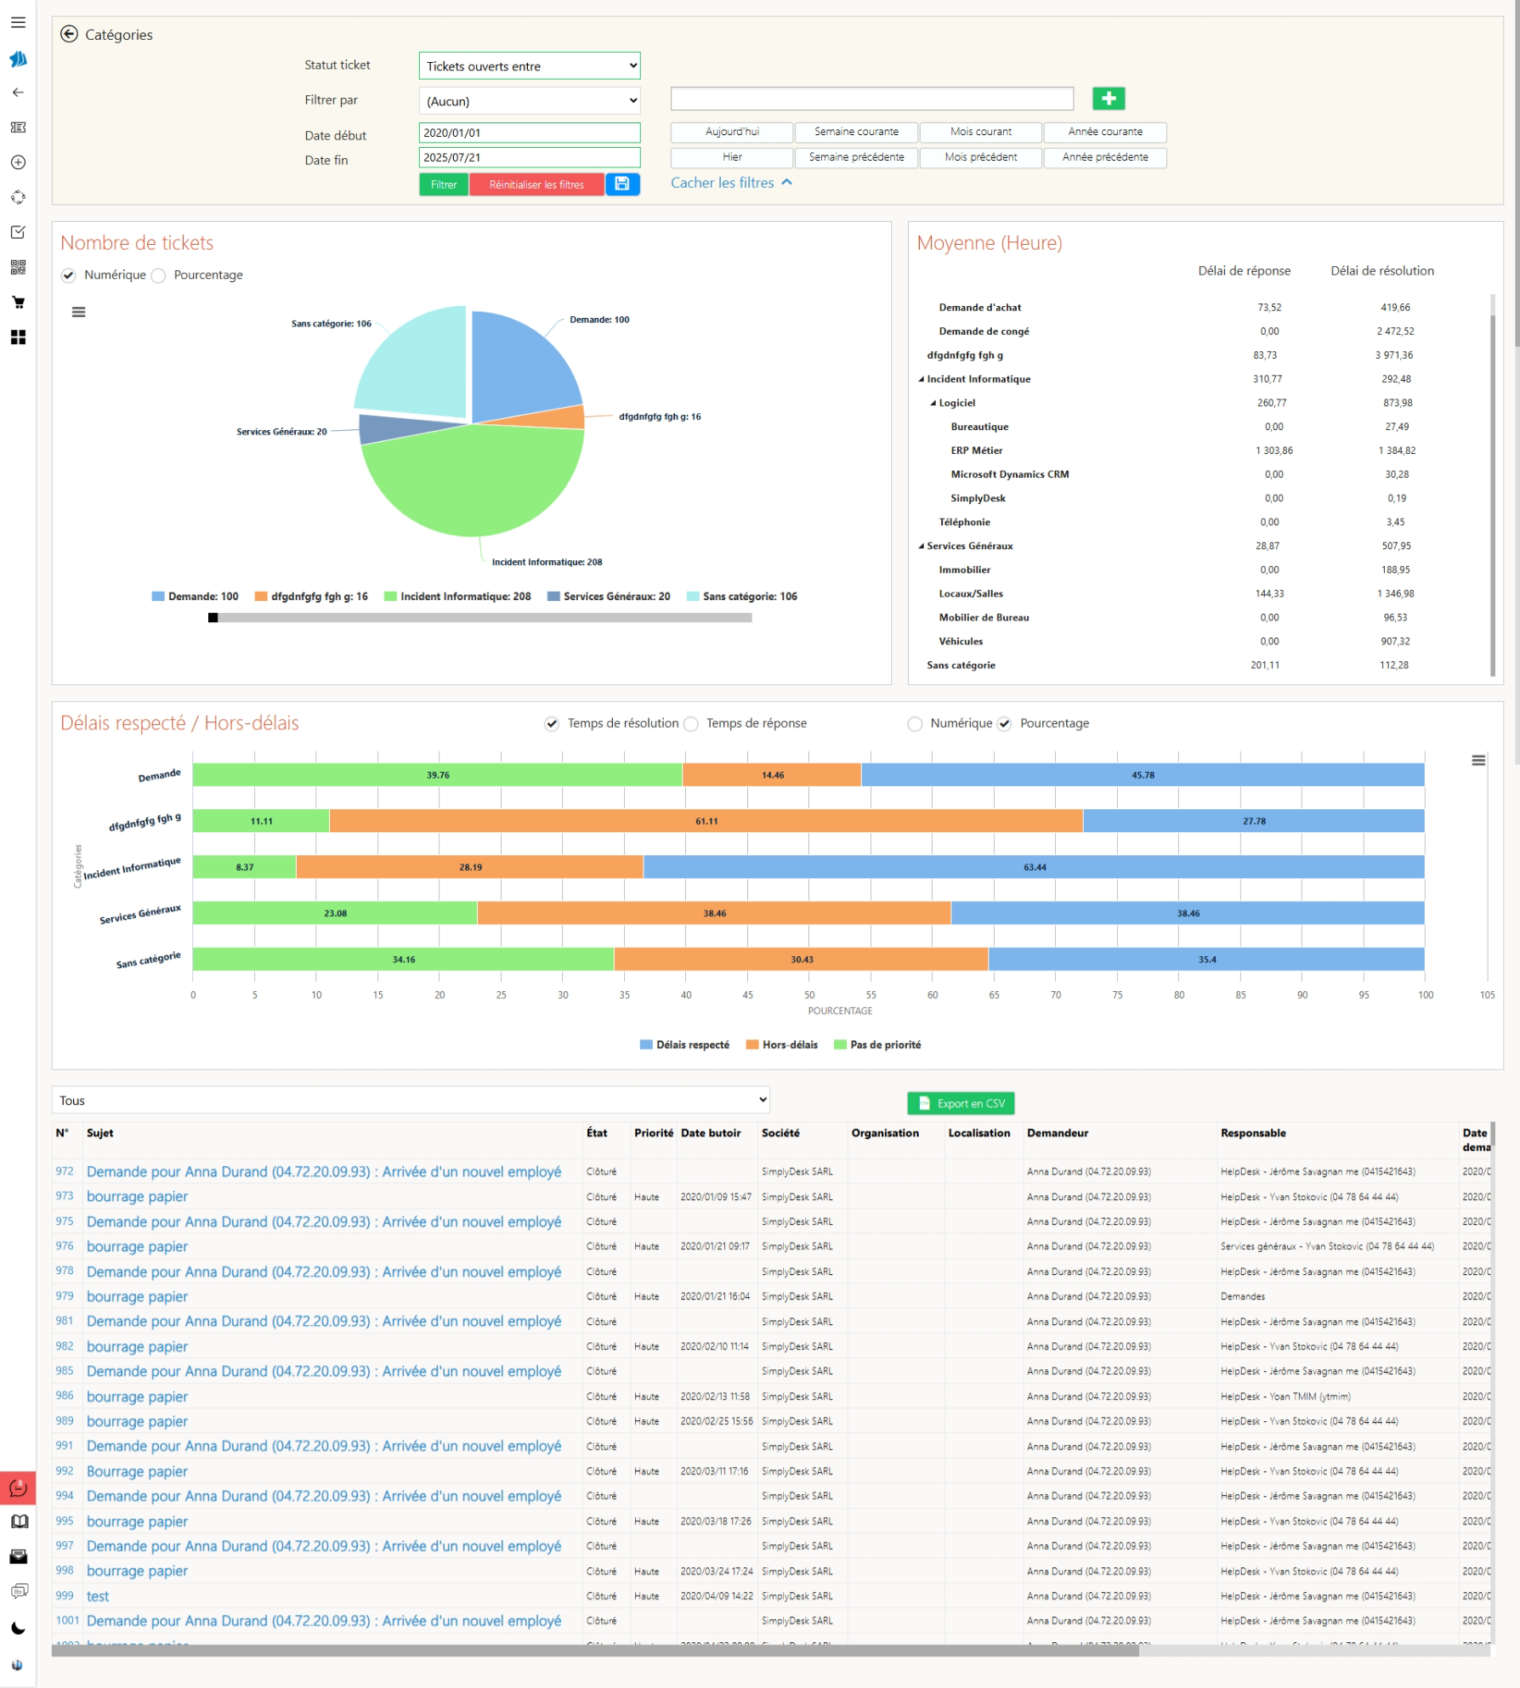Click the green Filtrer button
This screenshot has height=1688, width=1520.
pos(443,184)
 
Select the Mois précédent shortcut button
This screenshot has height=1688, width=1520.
pos(980,157)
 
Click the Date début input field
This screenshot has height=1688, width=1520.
pos(529,133)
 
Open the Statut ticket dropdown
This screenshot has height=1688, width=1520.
pos(529,66)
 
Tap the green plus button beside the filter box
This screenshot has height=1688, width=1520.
pos(1108,99)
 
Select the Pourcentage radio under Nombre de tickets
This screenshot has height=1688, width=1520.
pos(159,275)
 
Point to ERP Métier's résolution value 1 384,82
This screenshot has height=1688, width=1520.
pos(1396,450)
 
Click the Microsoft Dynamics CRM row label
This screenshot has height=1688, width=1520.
pos(1009,474)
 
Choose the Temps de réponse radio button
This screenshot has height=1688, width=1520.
pos(692,724)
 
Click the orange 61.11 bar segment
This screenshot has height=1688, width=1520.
pos(706,821)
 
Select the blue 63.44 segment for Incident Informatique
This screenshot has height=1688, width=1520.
pos(1034,867)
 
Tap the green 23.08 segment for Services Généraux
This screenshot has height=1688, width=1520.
pos(335,914)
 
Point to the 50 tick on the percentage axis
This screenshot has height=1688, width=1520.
pos(809,994)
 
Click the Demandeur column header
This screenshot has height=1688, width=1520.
pos(1057,1133)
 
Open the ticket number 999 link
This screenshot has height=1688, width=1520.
pos(65,1595)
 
